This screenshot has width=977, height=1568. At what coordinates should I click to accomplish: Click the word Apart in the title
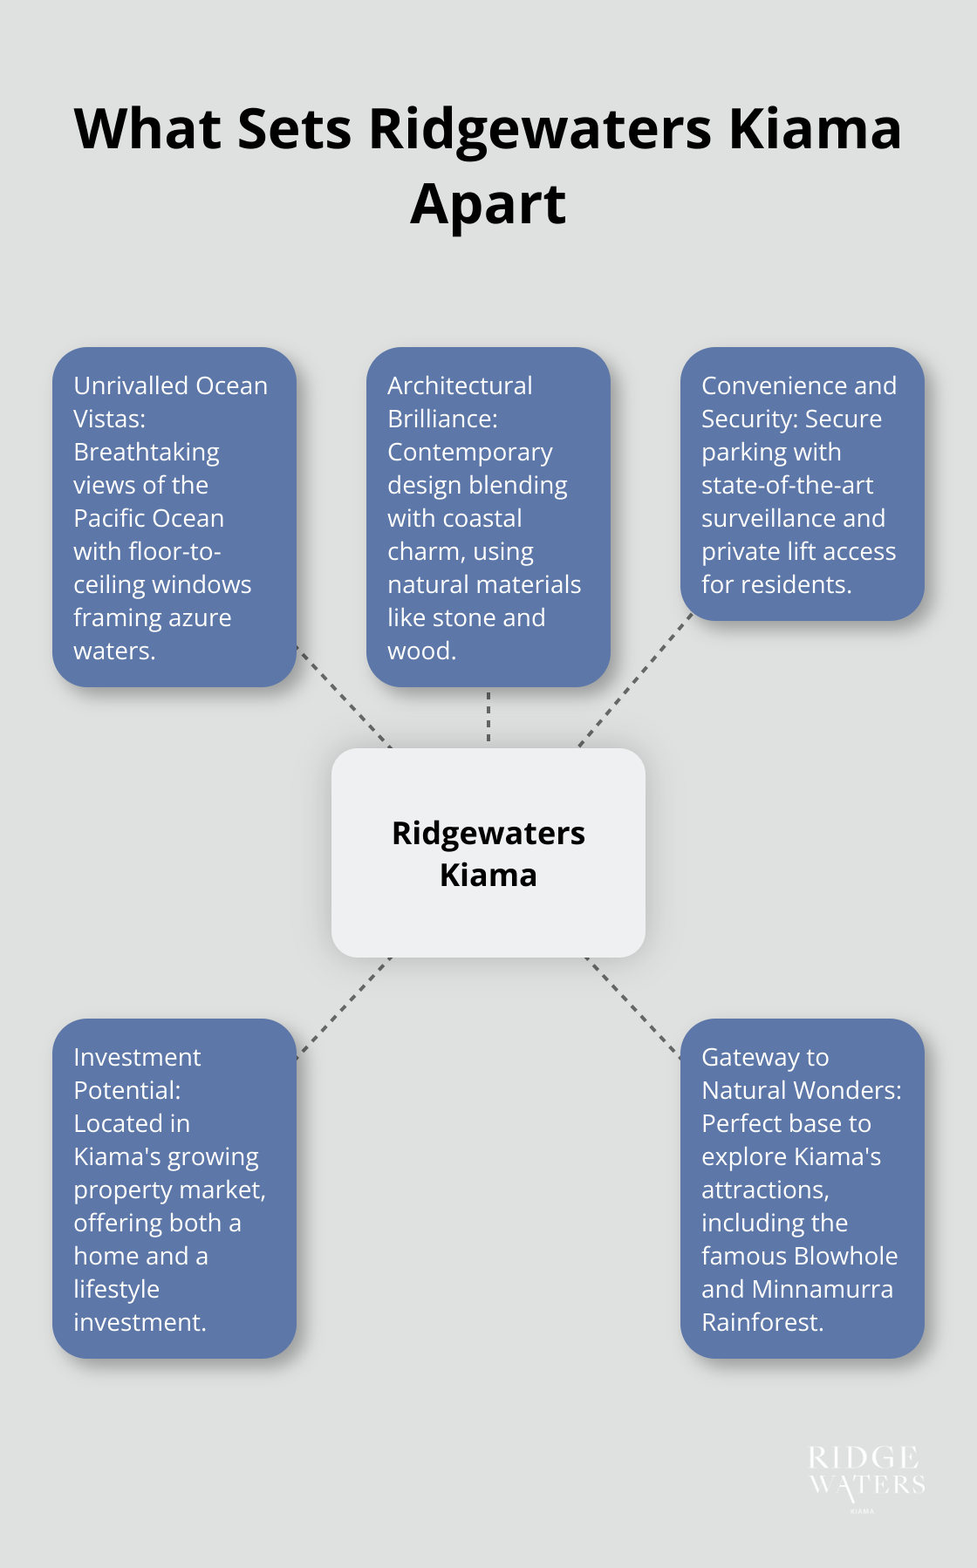coord(488,205)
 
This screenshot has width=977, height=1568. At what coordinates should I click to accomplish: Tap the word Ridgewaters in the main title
coord(540,130)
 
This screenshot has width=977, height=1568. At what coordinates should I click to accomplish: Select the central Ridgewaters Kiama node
coord(488,852)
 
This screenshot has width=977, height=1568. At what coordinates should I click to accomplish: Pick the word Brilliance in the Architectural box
coord(442,419)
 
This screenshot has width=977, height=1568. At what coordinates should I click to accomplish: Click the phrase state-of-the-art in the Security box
coord(787,485)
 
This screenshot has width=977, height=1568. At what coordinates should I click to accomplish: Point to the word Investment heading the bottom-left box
coord(137,1057)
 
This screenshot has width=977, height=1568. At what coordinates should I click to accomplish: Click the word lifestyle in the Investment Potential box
coord(116,1289)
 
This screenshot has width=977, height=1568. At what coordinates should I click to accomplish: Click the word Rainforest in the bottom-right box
coord(762,1322)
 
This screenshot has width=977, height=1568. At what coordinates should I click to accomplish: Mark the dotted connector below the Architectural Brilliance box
coord(488,717)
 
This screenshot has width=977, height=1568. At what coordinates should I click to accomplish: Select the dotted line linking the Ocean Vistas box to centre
coord(345,698)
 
